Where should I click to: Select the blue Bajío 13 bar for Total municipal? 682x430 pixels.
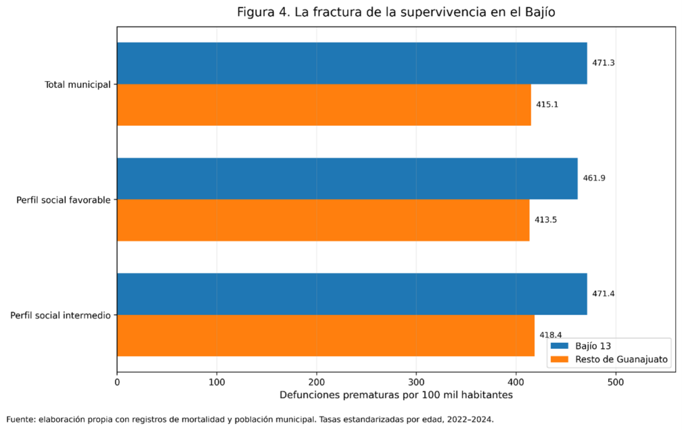(x=352, y=63)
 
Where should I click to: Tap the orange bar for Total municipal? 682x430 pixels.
(x=324, y=105)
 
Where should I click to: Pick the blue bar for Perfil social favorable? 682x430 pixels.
(x=347, y=178)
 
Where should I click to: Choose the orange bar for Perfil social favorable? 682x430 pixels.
(x=323, y=220)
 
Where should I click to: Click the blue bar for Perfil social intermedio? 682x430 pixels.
(x=352, y=294)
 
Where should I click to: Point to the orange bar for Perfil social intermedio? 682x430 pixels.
(x=326, y=335)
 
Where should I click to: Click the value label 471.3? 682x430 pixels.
(x=603, y=63)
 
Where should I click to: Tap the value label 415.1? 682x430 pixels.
(x=547, y=105)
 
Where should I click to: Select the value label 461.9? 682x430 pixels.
(x=594, y=178)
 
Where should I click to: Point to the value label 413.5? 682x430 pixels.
(x=545, y=220)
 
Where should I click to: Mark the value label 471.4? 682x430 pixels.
(x=603, y=294)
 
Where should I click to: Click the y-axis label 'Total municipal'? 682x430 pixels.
(x=78, y=85)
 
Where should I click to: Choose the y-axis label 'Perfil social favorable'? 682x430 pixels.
(x=63, y=200)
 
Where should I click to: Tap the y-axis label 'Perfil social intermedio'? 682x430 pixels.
(x=61, y=316)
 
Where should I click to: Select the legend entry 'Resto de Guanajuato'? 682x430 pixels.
(x=609, y=359)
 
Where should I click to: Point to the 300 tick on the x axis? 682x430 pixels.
(x=416, y=382)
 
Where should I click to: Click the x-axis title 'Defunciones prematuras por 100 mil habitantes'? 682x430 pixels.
(x=396, y=395)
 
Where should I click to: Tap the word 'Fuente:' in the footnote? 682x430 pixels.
(x=21, y=419)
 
